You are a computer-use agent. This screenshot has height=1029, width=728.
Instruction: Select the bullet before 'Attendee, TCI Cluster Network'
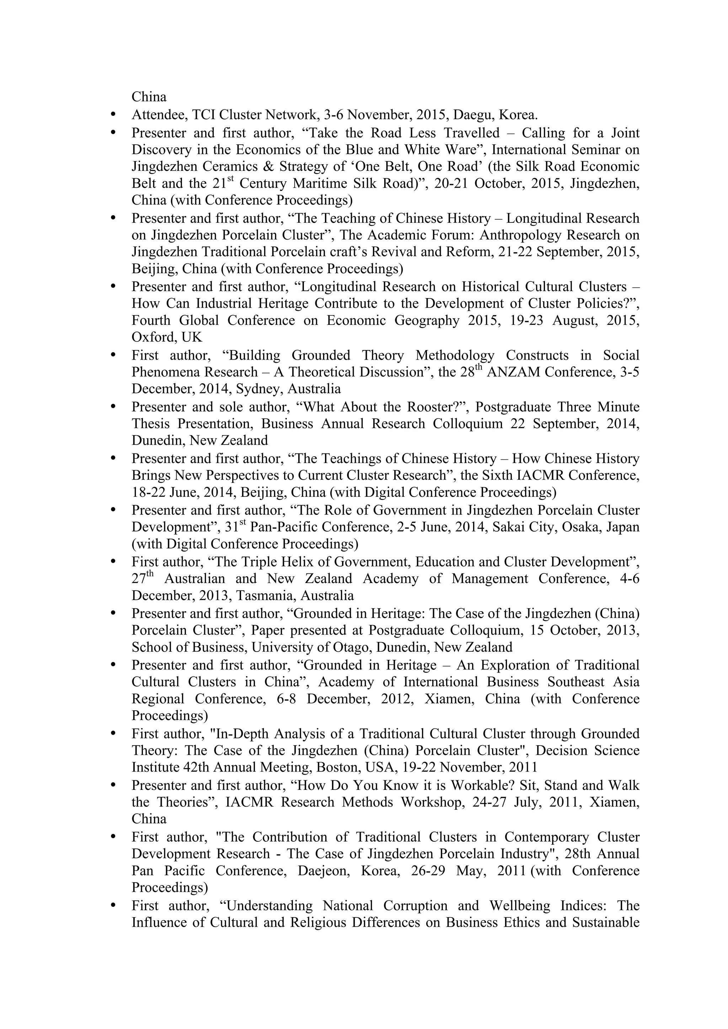tap(113, 115)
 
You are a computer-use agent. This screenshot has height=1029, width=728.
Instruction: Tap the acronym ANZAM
tap(514, 372)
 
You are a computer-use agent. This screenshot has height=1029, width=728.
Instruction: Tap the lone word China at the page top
tap(149, 97)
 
